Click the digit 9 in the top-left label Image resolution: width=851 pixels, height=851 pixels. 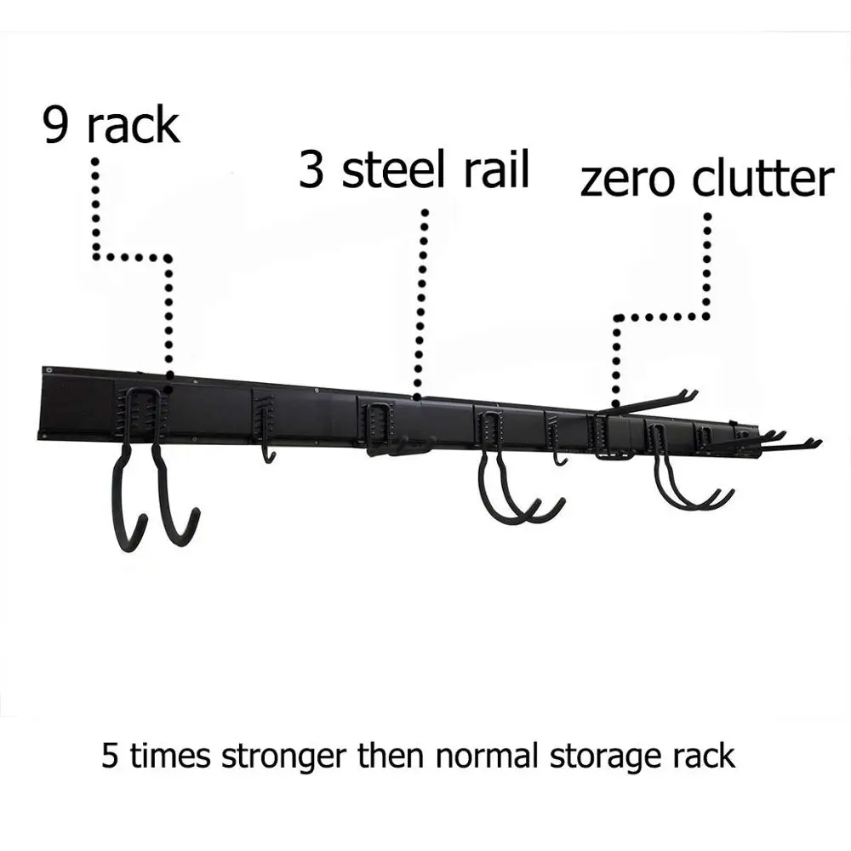[x=60, y=125]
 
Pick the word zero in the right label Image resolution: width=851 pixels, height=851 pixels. [x=630, y=180]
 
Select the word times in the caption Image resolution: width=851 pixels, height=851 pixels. [x=169, y=756]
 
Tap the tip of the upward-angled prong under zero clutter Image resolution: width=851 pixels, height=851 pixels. [x=694, y=392]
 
